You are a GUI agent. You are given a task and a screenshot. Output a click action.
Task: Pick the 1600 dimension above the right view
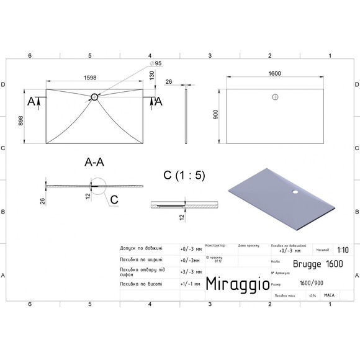275,73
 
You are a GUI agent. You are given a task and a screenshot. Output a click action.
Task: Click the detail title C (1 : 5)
184,176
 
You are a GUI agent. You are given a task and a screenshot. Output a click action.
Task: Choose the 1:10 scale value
342,251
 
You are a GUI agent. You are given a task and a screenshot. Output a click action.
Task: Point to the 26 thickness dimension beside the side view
169,81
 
